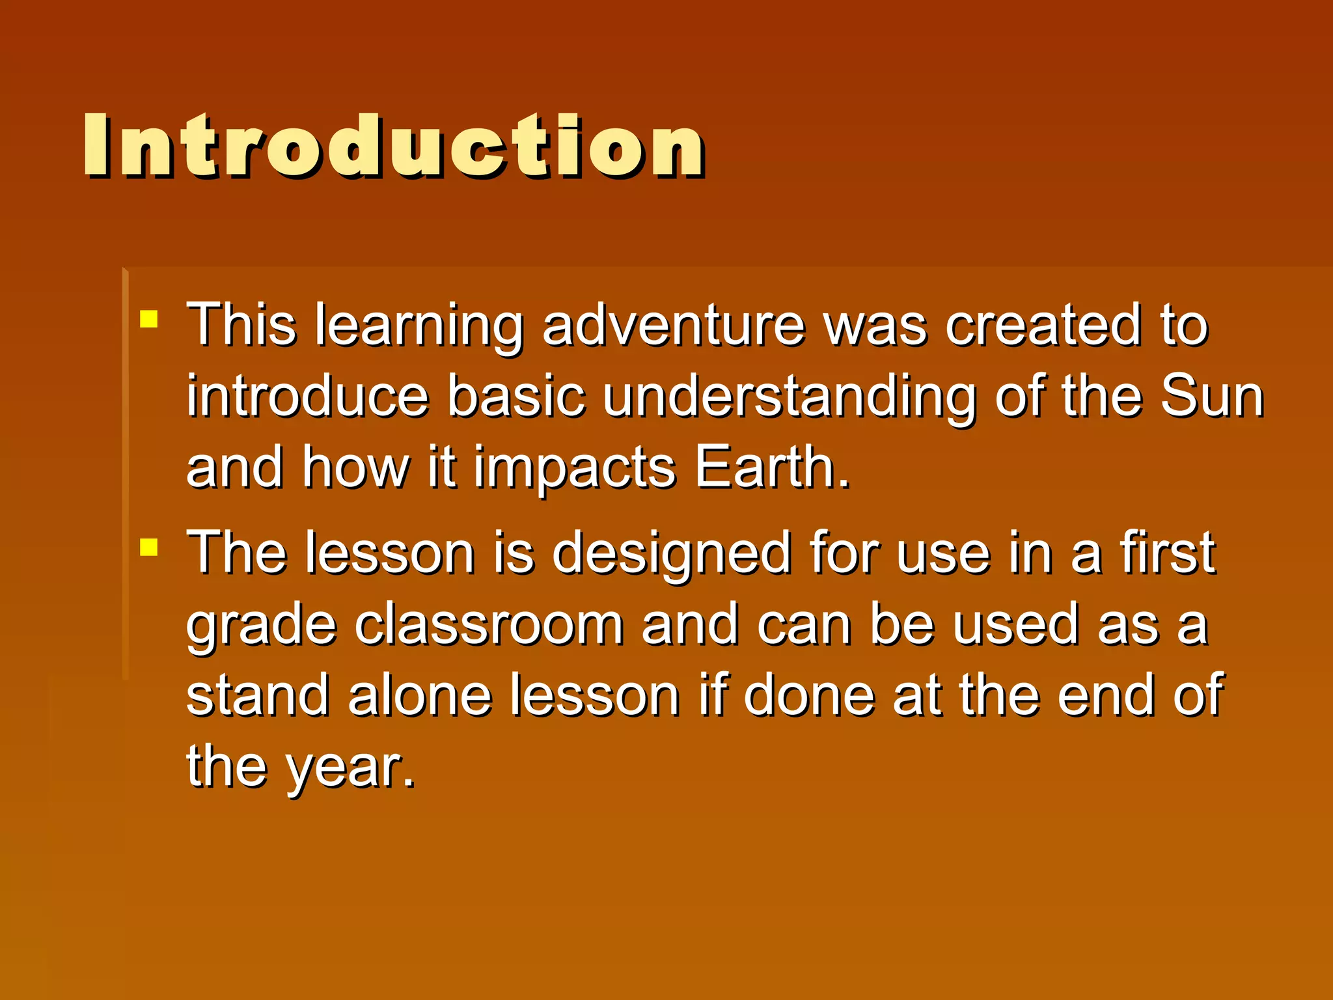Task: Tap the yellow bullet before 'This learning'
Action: pyautogui.click(x=149, y=318)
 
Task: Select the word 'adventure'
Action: pyautogui.click(x=674, y=325)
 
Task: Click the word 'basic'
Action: pyautogui.click(x=516, y=396)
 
